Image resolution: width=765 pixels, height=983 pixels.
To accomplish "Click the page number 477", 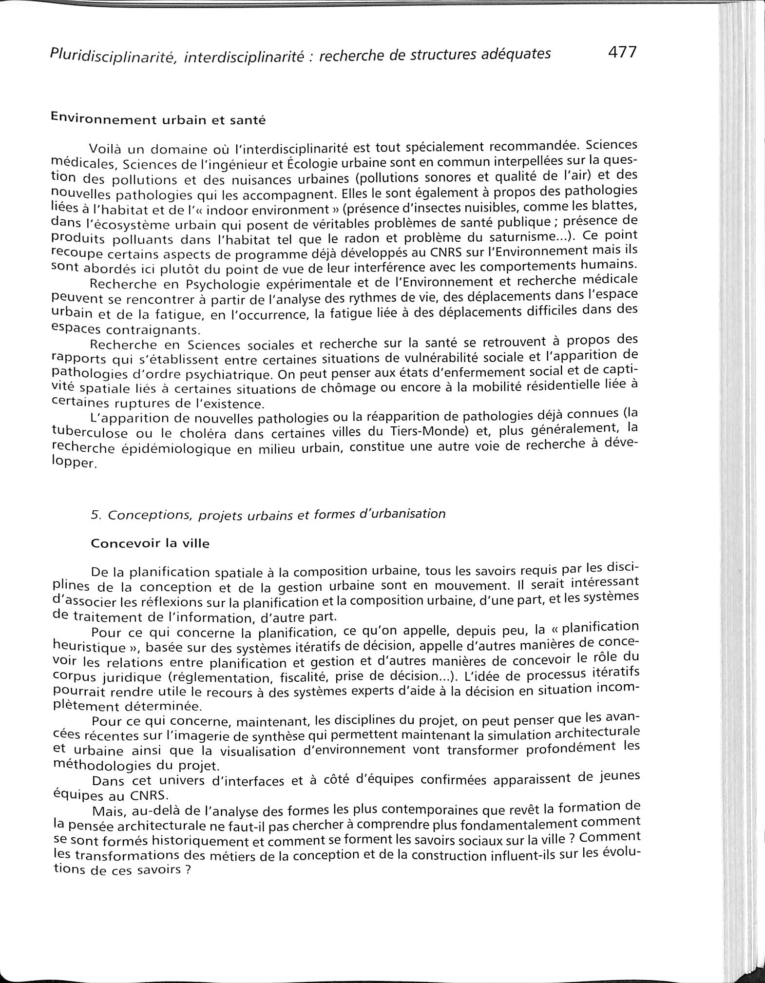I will click(x=622, y=52).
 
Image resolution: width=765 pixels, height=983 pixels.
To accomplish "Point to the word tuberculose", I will click(x=90, y=433).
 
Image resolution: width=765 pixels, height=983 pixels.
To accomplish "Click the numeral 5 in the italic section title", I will click(x=95, y=515).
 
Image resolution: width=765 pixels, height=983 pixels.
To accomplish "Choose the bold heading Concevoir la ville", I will click(x=150, y=543).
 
